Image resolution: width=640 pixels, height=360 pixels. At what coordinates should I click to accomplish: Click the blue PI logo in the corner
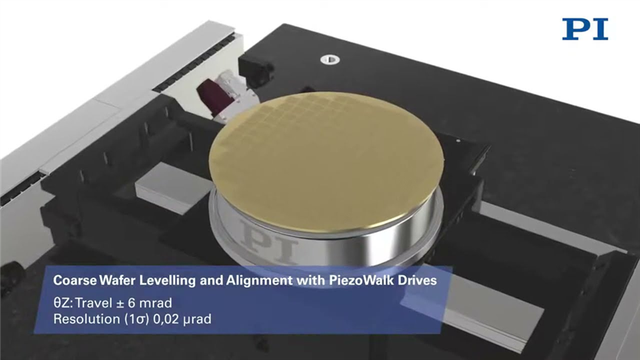[585, 29]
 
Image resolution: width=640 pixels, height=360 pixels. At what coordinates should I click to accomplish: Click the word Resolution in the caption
[87, 318]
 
